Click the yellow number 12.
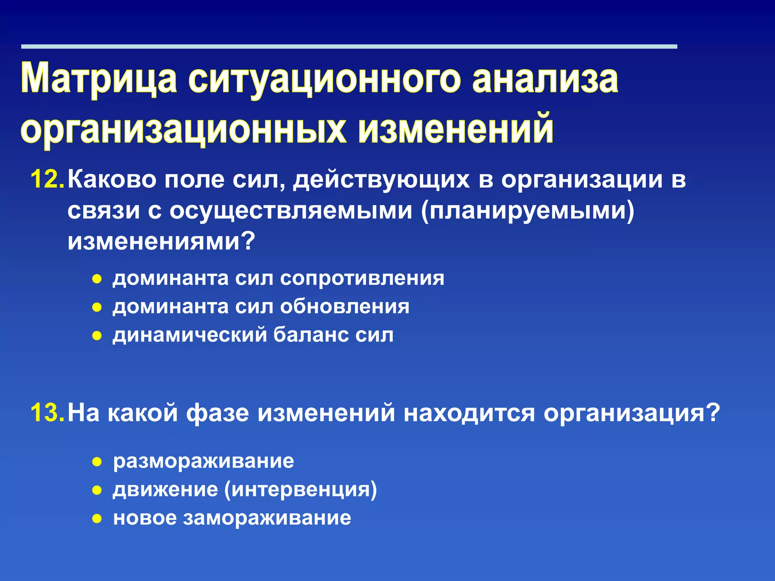tap(47, 179)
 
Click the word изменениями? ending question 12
tap(161, 241)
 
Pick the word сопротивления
tap(362, 279)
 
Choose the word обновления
tap(345, 307)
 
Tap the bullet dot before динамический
tap(97, 336)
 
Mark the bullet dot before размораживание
tap(97, 462)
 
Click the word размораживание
tap(204, 461)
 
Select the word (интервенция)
tap(301, 490)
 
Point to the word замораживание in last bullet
tap(267, 518)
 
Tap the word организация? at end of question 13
tap(631, 413)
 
